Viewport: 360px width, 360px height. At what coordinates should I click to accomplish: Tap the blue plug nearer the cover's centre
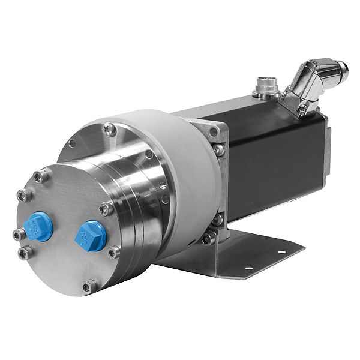tap(91, 235)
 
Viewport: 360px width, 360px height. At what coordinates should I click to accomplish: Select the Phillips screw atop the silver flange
tap(109, 127)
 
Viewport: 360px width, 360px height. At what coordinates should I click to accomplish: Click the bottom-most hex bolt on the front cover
tap(89, 286)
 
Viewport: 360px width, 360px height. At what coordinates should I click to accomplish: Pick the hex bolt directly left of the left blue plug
tap(18, 234)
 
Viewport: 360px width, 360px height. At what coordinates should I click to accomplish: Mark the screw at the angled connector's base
tap(304, 108)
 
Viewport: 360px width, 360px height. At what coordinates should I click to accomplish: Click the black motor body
tap(270, 156)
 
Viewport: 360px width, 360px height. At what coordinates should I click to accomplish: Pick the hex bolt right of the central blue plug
tap(112, 253)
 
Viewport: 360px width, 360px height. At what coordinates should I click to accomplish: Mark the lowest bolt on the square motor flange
tap(208, 239)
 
